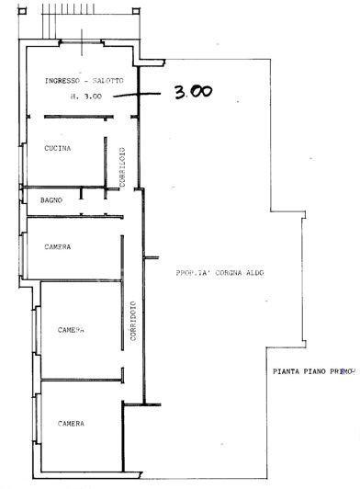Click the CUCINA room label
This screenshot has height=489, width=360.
point(58,147)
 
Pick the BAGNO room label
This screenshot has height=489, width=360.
point(51,199)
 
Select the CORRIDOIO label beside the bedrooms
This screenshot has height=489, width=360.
point(133,321)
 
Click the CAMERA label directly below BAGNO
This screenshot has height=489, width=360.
point(58,246)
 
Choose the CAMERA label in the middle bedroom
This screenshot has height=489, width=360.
point(72,329)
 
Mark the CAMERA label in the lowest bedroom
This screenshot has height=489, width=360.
point(72,423)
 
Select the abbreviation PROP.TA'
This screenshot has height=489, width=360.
point(195,273)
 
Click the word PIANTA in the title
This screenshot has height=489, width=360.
point(287,372)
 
